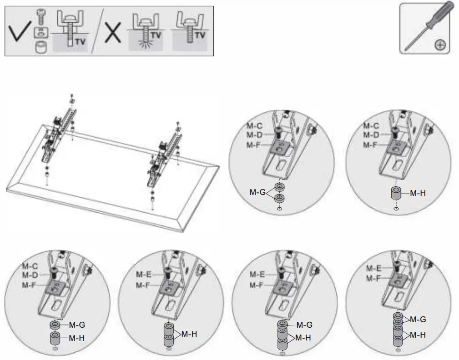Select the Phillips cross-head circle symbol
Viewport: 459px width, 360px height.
tap(440, 45)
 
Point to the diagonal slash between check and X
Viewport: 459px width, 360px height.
tap(96, 32)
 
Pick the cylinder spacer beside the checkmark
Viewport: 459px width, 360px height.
tap(41, 47)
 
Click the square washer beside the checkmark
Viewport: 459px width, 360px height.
tap(41, 32)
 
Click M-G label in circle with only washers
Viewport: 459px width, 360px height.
tap(257, 192)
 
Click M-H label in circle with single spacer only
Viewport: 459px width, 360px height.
tap(417, 193)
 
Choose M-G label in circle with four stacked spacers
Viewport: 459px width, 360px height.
tap(419, 320)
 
